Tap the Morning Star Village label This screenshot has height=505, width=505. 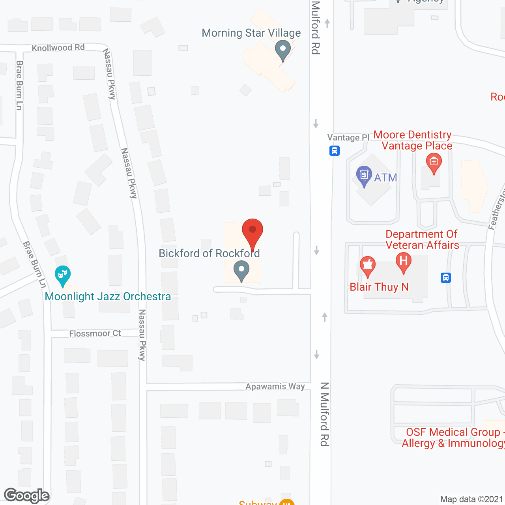point(251,33)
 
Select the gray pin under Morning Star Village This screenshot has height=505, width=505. point(282,50)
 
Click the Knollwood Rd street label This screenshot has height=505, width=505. point(58,48)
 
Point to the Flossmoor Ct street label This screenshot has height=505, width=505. point(95,333)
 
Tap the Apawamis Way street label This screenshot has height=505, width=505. point(275,386)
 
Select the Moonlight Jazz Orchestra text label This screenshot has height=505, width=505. point(108,296)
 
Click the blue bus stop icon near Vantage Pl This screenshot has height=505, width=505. point(335,150)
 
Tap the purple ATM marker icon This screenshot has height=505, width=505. point(364,175)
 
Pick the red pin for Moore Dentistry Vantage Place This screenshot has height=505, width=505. point(434,163)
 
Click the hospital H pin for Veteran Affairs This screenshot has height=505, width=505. point(403,262)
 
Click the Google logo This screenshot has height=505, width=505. point(26,496)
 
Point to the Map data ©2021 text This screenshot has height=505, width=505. point(471,499)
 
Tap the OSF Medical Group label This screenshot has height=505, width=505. point(453,438)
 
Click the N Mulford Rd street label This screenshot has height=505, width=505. point(324,414)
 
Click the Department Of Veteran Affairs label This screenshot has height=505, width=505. point(422,239)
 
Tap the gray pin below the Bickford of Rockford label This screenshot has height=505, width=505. point(241,271)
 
